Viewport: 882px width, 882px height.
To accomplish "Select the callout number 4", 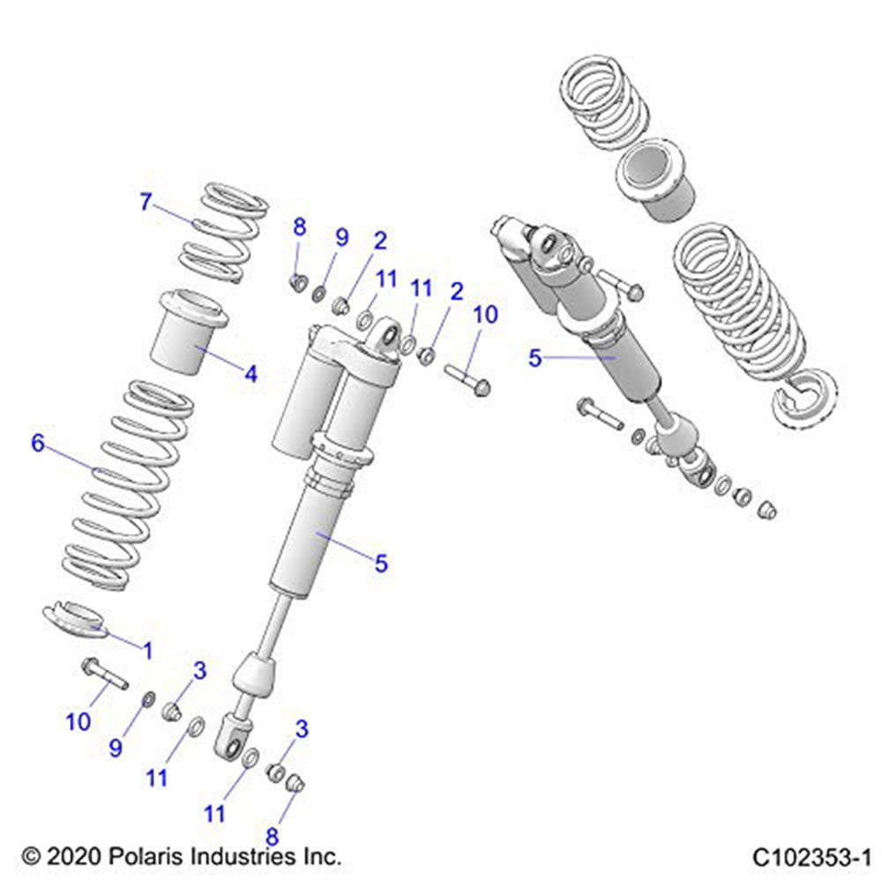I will (251, 374).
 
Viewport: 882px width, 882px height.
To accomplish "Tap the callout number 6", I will (38, 444).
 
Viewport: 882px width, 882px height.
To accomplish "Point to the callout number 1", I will (147, 651).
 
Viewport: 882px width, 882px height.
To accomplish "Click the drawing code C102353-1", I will (811, 856).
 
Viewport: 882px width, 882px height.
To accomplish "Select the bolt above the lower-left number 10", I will (104, 674).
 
